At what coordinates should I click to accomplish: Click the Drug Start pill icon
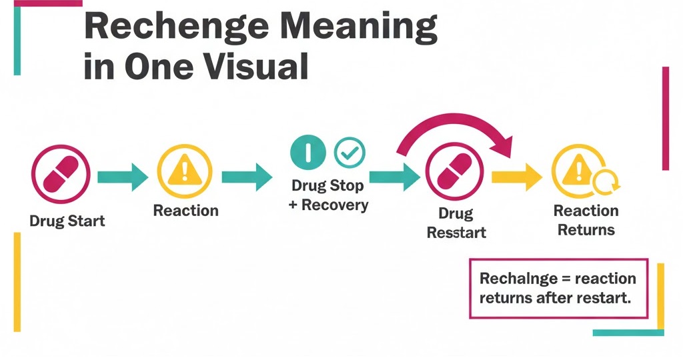tap(59, 175)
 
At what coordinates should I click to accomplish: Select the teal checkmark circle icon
tap(349, 153)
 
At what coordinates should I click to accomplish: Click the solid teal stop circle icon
tap(307, 153)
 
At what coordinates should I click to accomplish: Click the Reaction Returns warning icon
tap(578, 175)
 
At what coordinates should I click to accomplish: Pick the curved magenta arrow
tap(454, 127)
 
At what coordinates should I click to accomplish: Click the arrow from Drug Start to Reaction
tap(123, 177)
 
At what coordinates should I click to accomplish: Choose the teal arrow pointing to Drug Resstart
tap(394, 177)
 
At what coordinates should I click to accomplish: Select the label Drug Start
tap(67, 221)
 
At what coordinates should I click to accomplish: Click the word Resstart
tap(456, 233)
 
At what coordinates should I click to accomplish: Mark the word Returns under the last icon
tap(586, 230)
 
